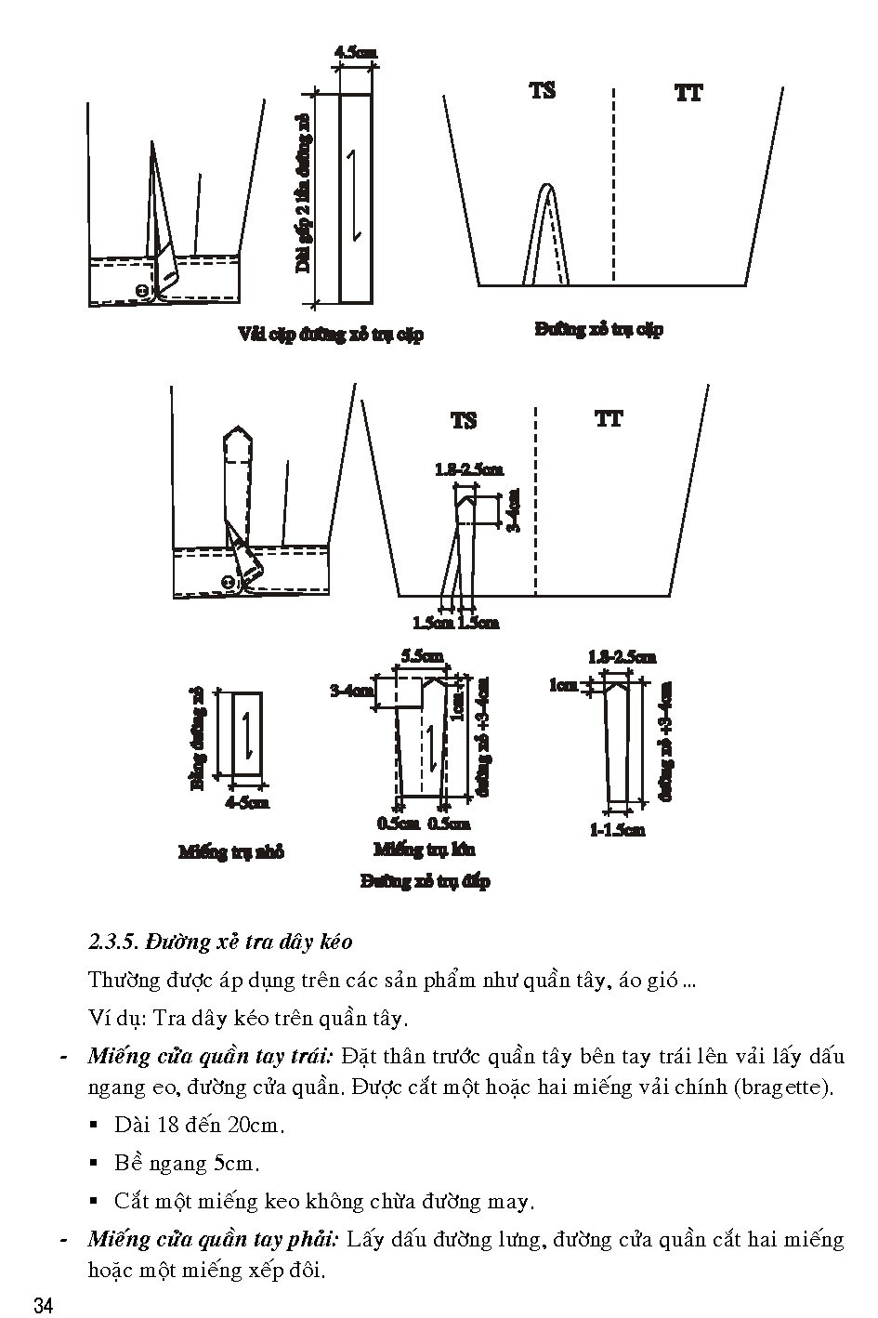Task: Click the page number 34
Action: [x=44, y=1305]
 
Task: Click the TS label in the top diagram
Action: [x=543, y=90]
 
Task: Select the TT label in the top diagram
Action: [x=688, y=92]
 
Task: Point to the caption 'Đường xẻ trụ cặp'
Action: [x=599, y=329]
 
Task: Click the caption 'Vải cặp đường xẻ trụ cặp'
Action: [x=330, y=334]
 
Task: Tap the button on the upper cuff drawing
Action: [x=142, y=291]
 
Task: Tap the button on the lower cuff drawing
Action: [x=227, y=583]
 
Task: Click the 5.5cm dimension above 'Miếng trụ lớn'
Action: [x=421, y=656]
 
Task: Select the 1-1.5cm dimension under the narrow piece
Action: [x=617, y=829]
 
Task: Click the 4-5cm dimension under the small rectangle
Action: [x=247, y=802]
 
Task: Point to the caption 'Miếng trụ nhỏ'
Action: [x=231, y=851]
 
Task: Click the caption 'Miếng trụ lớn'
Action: [x=424, y=849]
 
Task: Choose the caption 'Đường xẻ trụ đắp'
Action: [x=425, y=880]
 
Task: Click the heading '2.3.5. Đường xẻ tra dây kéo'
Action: [x=220, y=942]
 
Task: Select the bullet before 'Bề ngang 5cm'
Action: [x=94, y=1163]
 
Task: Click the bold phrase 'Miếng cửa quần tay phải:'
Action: [x=213, y=1239]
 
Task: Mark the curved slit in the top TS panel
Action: [x=548, y=232]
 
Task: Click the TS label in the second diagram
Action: [x=464, y=420]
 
